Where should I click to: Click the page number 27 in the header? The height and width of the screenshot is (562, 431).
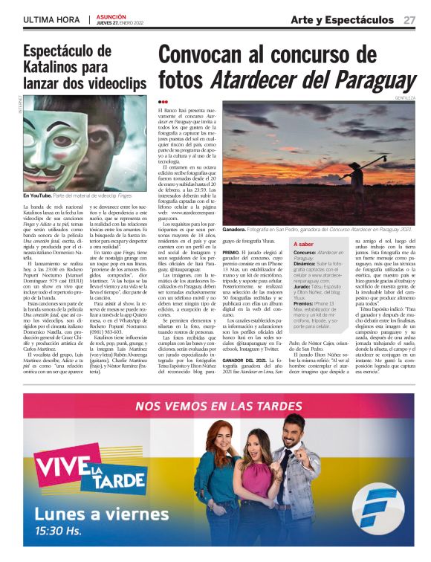click(409, 19)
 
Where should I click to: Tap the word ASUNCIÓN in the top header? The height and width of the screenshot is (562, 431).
click(112, 15)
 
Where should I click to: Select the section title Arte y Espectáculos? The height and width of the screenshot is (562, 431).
click(342, 19)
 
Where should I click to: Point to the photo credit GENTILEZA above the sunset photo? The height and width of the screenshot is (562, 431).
click(406, 98)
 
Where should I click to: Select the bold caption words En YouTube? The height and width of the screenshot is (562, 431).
click(39, 195)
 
